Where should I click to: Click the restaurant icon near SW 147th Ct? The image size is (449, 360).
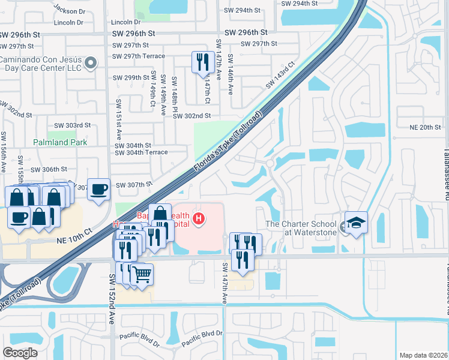202,62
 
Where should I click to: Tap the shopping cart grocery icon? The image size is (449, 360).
142,275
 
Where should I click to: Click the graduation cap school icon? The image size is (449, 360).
356,223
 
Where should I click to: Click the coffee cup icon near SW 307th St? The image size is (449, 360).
98,189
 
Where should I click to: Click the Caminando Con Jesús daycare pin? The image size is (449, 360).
91,62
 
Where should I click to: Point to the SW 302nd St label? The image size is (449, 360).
192,116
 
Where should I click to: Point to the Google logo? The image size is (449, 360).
20,352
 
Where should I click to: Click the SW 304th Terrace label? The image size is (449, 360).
141,152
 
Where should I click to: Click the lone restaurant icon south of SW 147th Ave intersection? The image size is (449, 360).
243,261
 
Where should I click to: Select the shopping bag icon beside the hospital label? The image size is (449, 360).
160,214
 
